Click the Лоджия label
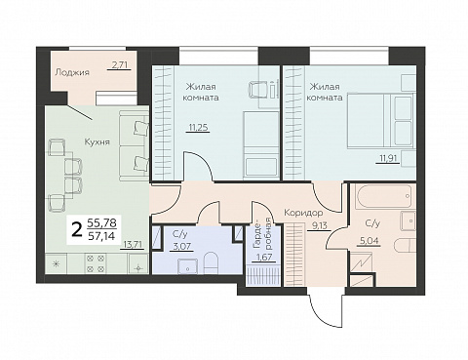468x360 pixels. click(72, 72)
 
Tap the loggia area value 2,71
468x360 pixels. click(119, 65)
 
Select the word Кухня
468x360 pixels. click(97, 141)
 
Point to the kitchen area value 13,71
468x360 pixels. click(132, 244)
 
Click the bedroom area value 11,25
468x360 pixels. click(198, 127)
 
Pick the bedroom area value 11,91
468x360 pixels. click(388, 159)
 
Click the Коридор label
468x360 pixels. click(303, 213)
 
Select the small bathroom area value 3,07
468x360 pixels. click(181, 246)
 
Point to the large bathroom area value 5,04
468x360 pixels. click(369, 241)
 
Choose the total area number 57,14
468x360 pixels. click(101, 236)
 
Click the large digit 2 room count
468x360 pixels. click(77, 230)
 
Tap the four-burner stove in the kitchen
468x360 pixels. click(96, 263)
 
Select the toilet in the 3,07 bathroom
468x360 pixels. click(212, 263)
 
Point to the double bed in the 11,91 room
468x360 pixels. click(381, 121)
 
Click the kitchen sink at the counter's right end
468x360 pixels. click(138, 263)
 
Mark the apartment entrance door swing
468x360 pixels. click(325, 308)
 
